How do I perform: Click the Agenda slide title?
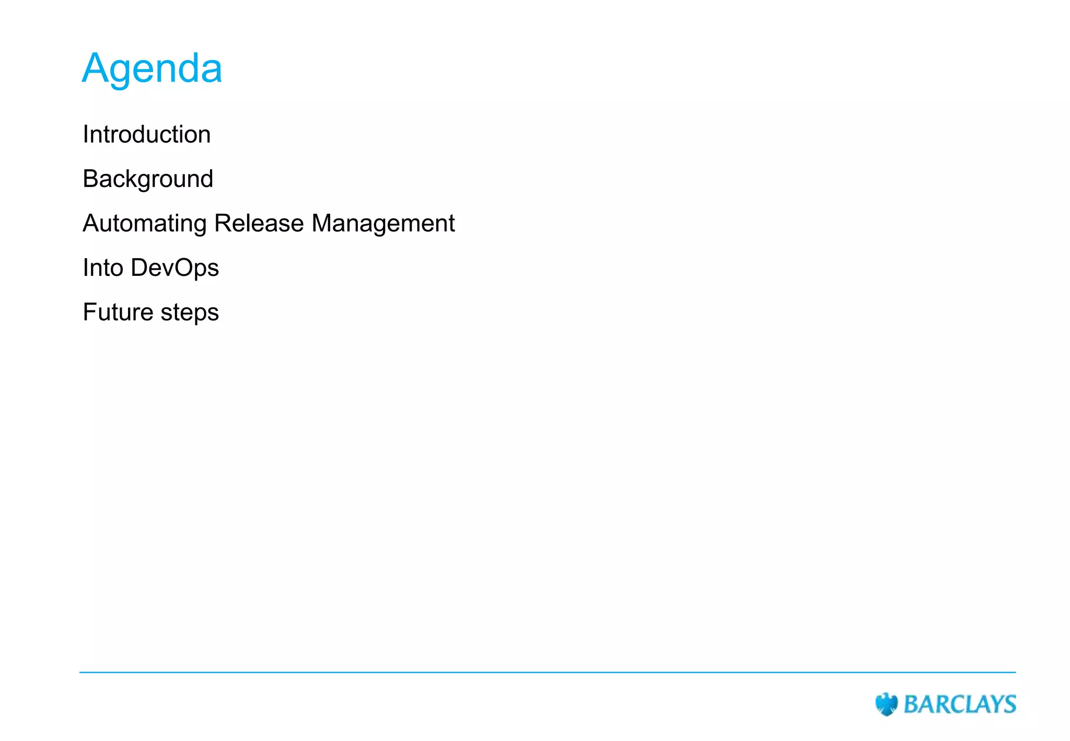(x=152, y=68)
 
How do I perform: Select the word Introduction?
(x=147, y=135)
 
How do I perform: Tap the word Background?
(x=148, y=179)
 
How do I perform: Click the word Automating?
(x=145, y=224)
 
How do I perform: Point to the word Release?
(x=259, y=224)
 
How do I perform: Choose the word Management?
(x=383, y=224)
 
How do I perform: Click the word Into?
(x=103, y=268)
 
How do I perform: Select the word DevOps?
(x=175, y=268)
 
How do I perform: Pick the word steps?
(x=190, y=312)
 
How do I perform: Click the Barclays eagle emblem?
(x=886, y=704)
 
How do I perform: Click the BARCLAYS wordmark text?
(x=960, y=704)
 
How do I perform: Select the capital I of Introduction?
(x=86, y=135)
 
